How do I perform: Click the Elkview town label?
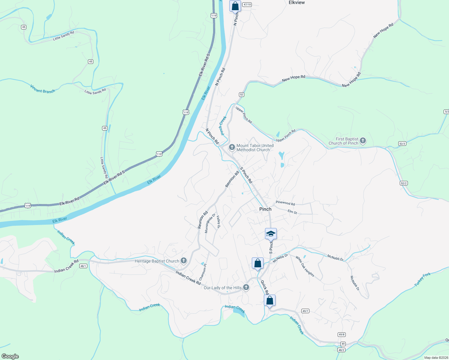297,3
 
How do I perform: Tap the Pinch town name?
265,209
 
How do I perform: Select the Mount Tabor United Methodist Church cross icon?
232,147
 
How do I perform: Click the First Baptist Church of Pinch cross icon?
363,141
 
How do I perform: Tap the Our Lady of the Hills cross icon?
246,287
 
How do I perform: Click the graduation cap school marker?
271,234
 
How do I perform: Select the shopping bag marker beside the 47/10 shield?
235,6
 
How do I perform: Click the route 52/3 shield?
402,144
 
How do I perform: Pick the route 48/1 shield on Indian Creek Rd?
83,266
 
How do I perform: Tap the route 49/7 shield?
305,311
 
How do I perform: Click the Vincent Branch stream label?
43,89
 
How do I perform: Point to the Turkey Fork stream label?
422,279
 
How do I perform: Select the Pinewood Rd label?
285,203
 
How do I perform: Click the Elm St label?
292,212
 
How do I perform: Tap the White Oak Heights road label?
305,266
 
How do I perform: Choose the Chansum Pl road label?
203,272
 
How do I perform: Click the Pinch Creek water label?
222,126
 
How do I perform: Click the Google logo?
10,356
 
